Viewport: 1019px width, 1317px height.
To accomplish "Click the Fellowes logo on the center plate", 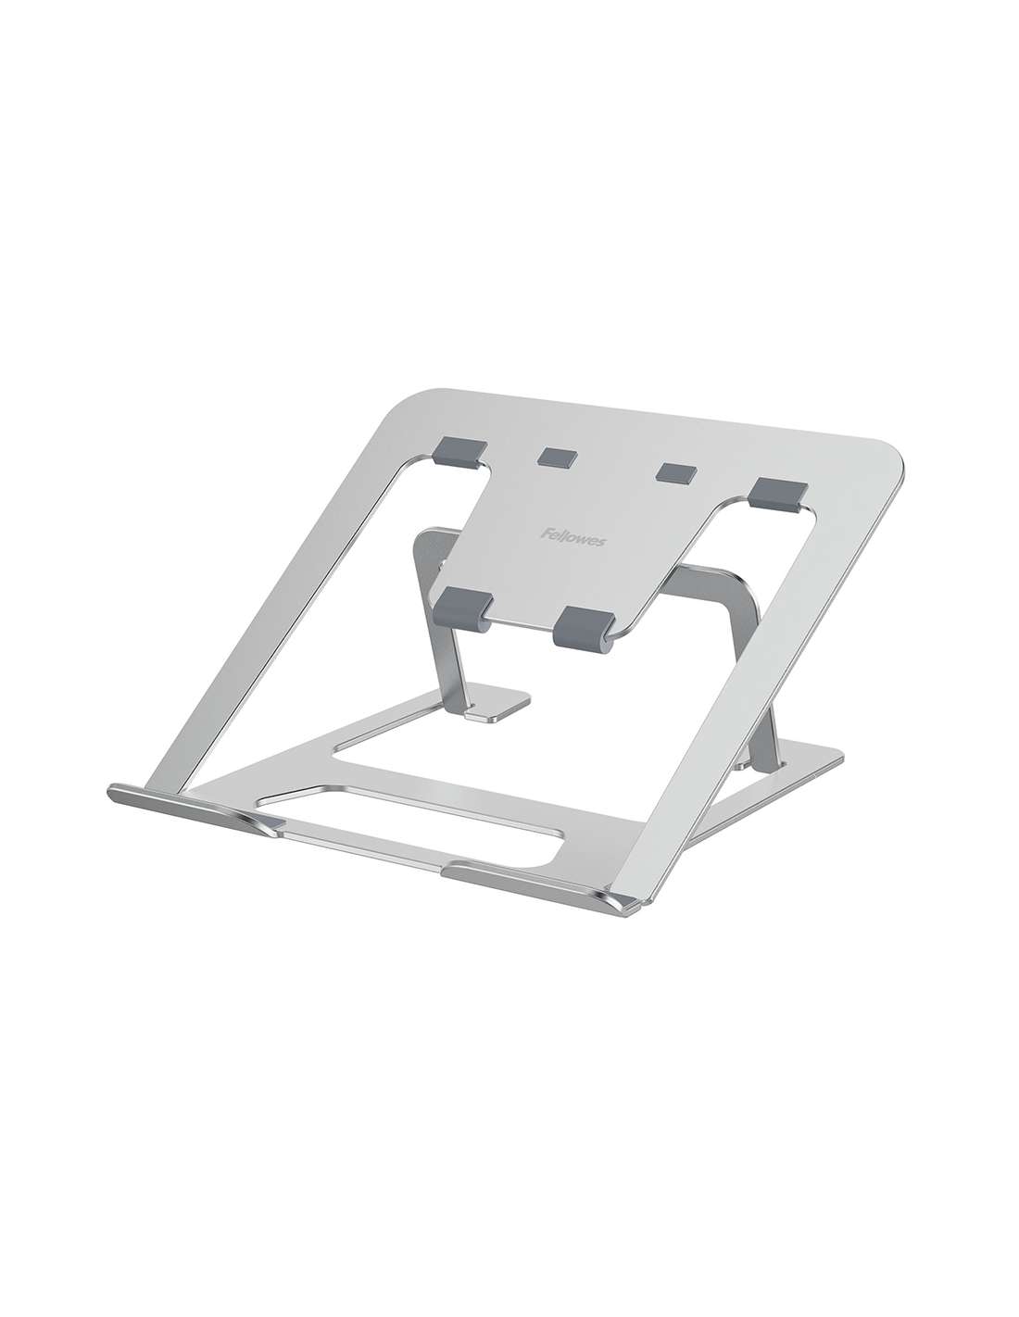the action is click(x=572, y=538).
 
